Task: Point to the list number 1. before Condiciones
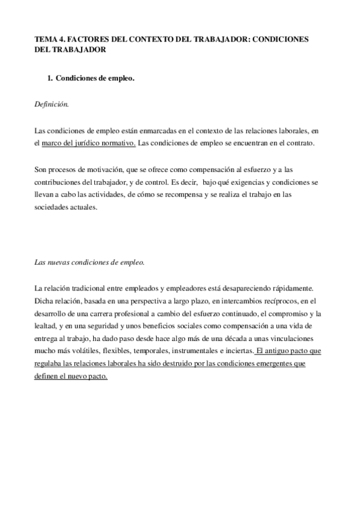pyautogui.click(x=50, y=79)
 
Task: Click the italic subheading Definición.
pyautogui.click(x=52, y=104)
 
